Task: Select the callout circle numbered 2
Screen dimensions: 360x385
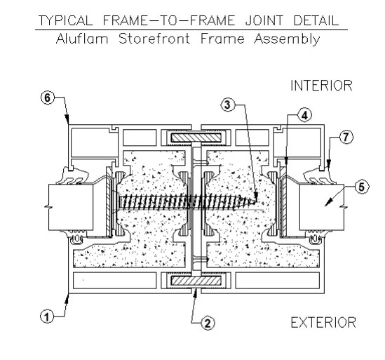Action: click(208, 324)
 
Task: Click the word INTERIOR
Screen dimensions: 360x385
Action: click(320, 86)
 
